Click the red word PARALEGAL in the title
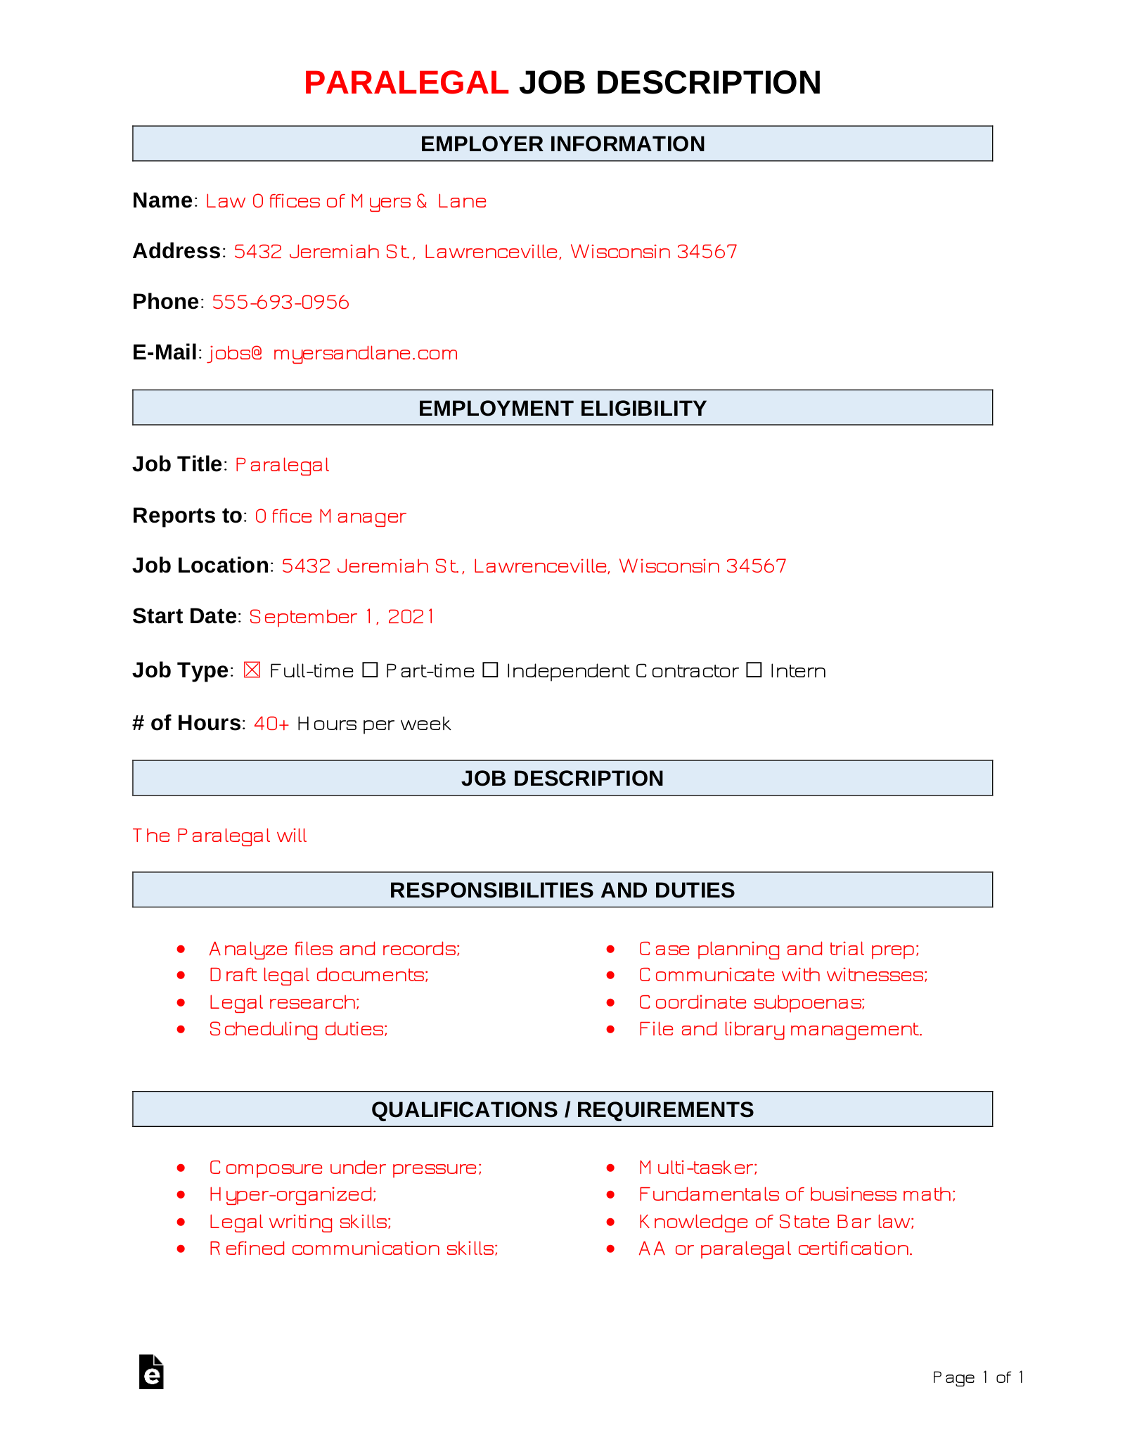click(x=406, y=83)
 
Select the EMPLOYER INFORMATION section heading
click(x=562, y=144)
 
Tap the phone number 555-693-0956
click(x=281, y=302)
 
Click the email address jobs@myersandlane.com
click(x=333, y=353)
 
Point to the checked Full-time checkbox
click(x=252, y=670)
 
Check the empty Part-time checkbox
click(x=370, y=670)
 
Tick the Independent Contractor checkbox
click(x=491, y=670)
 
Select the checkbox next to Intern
click(x=754, y=670)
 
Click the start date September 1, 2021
click(x=342, y=617)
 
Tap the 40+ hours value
click(x=271, y=724)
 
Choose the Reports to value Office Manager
click(x=330, y=516)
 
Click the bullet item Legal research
click(x=284, y=1002)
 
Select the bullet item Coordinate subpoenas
click(x=752, y=1002)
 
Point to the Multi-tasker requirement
click(x=698, y=1168)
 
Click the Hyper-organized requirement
click(x=292, y=1194)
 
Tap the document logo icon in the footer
click(x=151, y=1372)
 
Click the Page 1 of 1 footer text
click(x=977, y=1377)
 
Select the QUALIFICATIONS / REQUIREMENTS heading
click(x=562, y=1110)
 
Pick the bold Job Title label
click(x=177, y=465)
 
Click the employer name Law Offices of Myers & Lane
click(x=346, y=202)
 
